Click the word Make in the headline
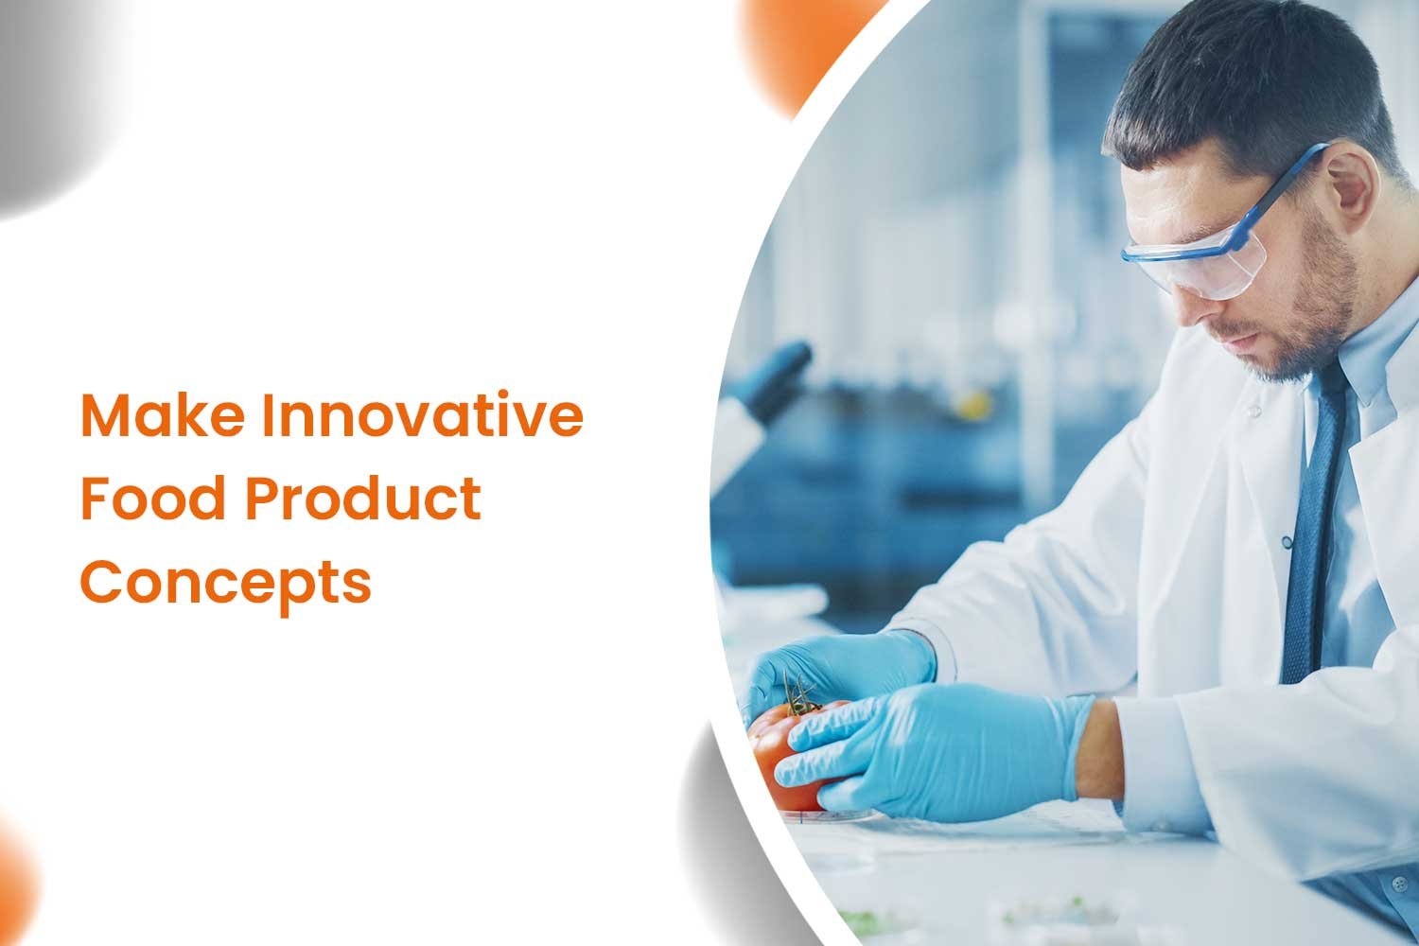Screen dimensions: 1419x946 (163, 415)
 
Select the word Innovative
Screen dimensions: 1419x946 (423, 415)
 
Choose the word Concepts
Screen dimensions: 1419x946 (225, 585)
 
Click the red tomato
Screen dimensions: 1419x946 (785, 755)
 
